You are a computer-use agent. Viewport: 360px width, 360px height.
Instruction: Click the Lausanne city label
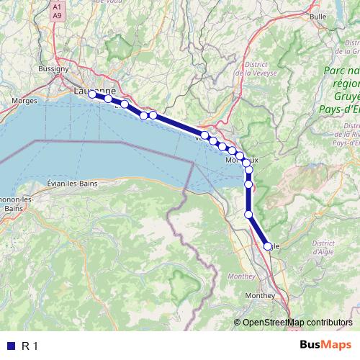[95, 91]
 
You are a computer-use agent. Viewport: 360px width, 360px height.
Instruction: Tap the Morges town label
[25, 102]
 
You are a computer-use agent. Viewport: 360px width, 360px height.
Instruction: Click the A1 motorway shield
[58, 6]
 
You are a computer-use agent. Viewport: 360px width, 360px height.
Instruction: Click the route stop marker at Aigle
[268, 246]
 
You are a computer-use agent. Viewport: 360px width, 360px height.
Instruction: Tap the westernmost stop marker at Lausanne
[93, 94]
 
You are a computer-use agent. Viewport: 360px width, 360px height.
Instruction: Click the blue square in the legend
[10, 346]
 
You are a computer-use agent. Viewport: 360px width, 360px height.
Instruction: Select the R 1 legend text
[30, 346]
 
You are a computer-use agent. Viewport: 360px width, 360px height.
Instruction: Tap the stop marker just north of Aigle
[249, 214]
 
